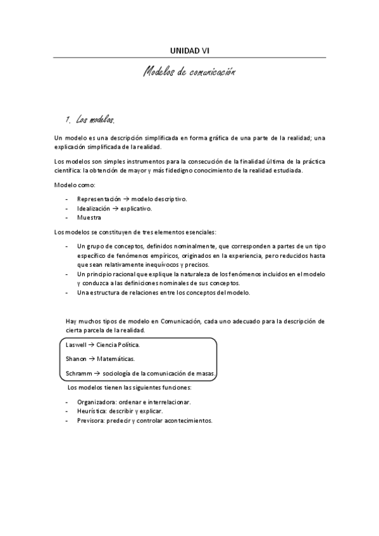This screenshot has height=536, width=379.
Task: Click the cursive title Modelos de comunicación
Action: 189,73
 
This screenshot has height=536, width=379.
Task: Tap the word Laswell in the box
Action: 76,345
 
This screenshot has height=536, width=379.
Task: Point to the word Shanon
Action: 76,359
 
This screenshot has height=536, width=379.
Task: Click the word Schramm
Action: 78,374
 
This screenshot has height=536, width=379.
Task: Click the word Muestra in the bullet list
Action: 89,217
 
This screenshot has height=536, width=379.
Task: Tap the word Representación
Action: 99,198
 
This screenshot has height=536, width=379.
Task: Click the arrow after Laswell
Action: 92,345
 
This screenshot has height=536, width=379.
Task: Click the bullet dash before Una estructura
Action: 67,293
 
